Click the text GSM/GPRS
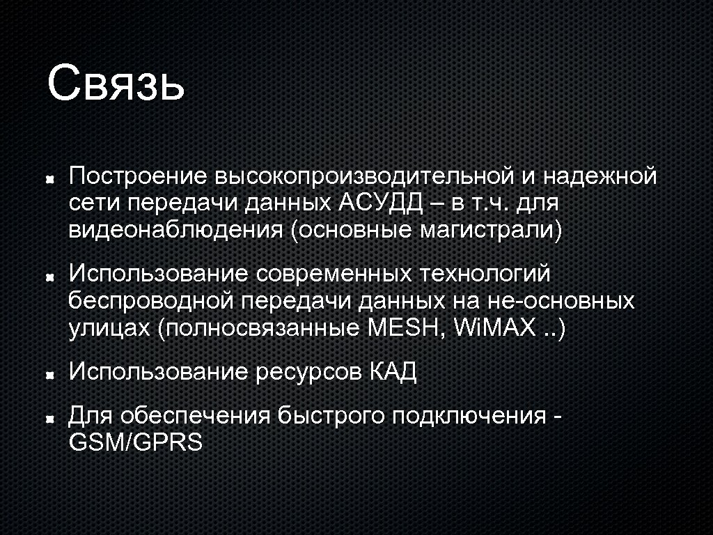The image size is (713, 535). tap(136, 442)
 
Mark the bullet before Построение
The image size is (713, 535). tap(50, 179)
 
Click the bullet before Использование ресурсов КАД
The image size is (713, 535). tap(50, 374)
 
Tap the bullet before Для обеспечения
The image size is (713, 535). tap(50, 419)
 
